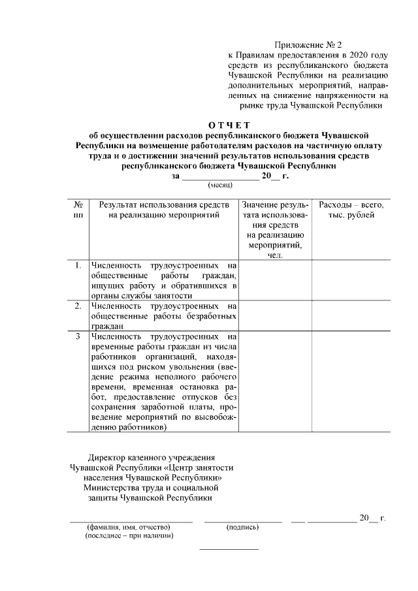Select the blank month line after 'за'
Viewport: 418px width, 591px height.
[x=220, y=176]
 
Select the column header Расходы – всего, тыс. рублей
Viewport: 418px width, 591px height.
[x=351, y=210]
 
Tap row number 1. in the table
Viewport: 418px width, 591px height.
[x=78, y=265]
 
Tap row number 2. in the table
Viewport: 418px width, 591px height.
[x=78, y=305]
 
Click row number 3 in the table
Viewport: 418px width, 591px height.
[x=78, y=336]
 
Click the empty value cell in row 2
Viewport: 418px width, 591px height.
[x=275, y=315]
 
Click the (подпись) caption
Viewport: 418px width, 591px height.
[x=242, y=526]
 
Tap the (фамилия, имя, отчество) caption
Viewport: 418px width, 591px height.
[x=128, y=526]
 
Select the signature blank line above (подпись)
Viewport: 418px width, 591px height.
[x=243, y=520]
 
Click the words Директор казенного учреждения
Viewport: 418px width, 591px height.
[x=152, y=457]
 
